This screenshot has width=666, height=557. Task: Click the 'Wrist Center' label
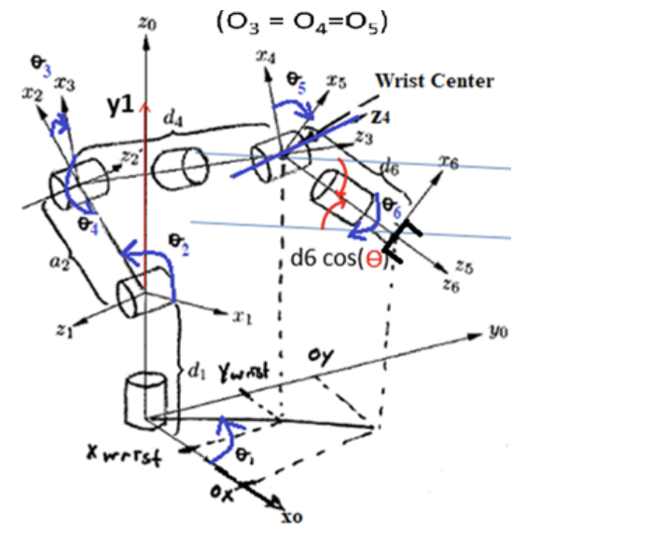tap(434, 81)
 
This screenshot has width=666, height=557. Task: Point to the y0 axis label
tap(500, 331)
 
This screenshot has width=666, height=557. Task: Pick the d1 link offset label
tap(195, 373)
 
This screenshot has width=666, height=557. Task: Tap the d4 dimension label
tap(172, 118)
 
